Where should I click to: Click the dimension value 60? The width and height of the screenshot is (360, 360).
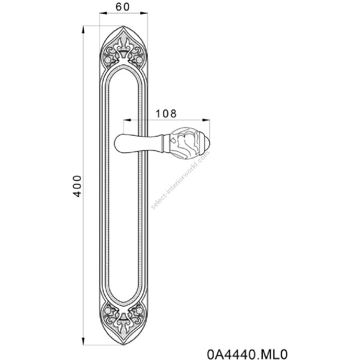[122, 7]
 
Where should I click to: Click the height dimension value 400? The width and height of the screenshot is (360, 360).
[77, 186]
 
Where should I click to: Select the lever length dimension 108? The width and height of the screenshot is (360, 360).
[166, 114]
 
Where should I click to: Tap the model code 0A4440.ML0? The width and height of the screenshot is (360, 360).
[247, 354]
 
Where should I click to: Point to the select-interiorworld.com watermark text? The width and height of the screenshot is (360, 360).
[180, 180]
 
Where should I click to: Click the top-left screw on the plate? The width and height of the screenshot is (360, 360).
[108, 60]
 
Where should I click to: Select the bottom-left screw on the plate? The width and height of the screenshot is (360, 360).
[108, 311]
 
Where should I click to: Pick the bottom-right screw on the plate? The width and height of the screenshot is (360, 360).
[139, 311]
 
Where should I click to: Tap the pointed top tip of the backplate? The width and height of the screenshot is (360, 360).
[124, 26]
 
